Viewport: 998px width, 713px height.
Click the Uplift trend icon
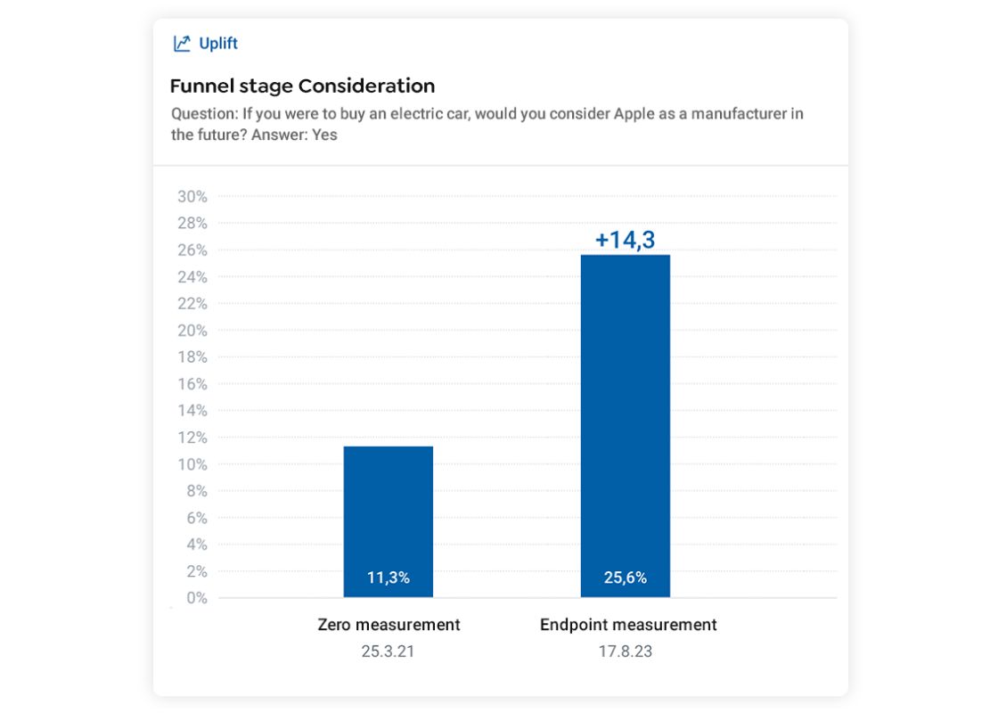182,44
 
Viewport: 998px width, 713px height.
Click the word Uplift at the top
218,44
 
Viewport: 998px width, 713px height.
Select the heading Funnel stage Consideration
302,86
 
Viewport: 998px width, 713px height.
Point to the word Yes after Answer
324,135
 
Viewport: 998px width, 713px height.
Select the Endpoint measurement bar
626,410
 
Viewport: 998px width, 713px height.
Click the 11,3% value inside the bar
389,578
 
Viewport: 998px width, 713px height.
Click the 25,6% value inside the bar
626,578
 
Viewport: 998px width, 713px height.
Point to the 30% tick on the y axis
193,196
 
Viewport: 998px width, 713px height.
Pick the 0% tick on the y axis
197,598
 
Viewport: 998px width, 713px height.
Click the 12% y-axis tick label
193,438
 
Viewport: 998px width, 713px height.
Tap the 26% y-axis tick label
193,250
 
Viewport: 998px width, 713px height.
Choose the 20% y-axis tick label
193,331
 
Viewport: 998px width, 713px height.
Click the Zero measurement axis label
389,625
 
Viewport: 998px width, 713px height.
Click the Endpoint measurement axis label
628,625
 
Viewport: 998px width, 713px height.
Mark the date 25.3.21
389,652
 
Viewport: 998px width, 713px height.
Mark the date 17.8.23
626,652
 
